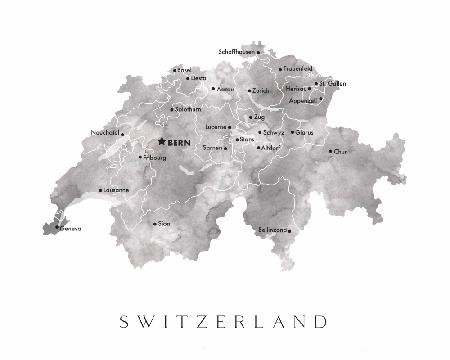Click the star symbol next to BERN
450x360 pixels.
[162, 142]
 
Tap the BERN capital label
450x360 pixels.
[179, 143]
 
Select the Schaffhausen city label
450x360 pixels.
[235, 51]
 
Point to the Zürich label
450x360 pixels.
[262, 91]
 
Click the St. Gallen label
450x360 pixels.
[333, 83]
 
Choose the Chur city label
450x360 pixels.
[343, 152]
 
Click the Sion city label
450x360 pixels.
[165, 224]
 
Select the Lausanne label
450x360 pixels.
[116, 189]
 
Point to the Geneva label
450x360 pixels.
[70, 229]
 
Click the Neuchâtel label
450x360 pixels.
[105, 132]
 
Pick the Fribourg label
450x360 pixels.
[156, 157]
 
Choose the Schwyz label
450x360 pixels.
[275, 131]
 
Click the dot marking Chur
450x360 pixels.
[330, 152]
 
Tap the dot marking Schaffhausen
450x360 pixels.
[258, 51]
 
